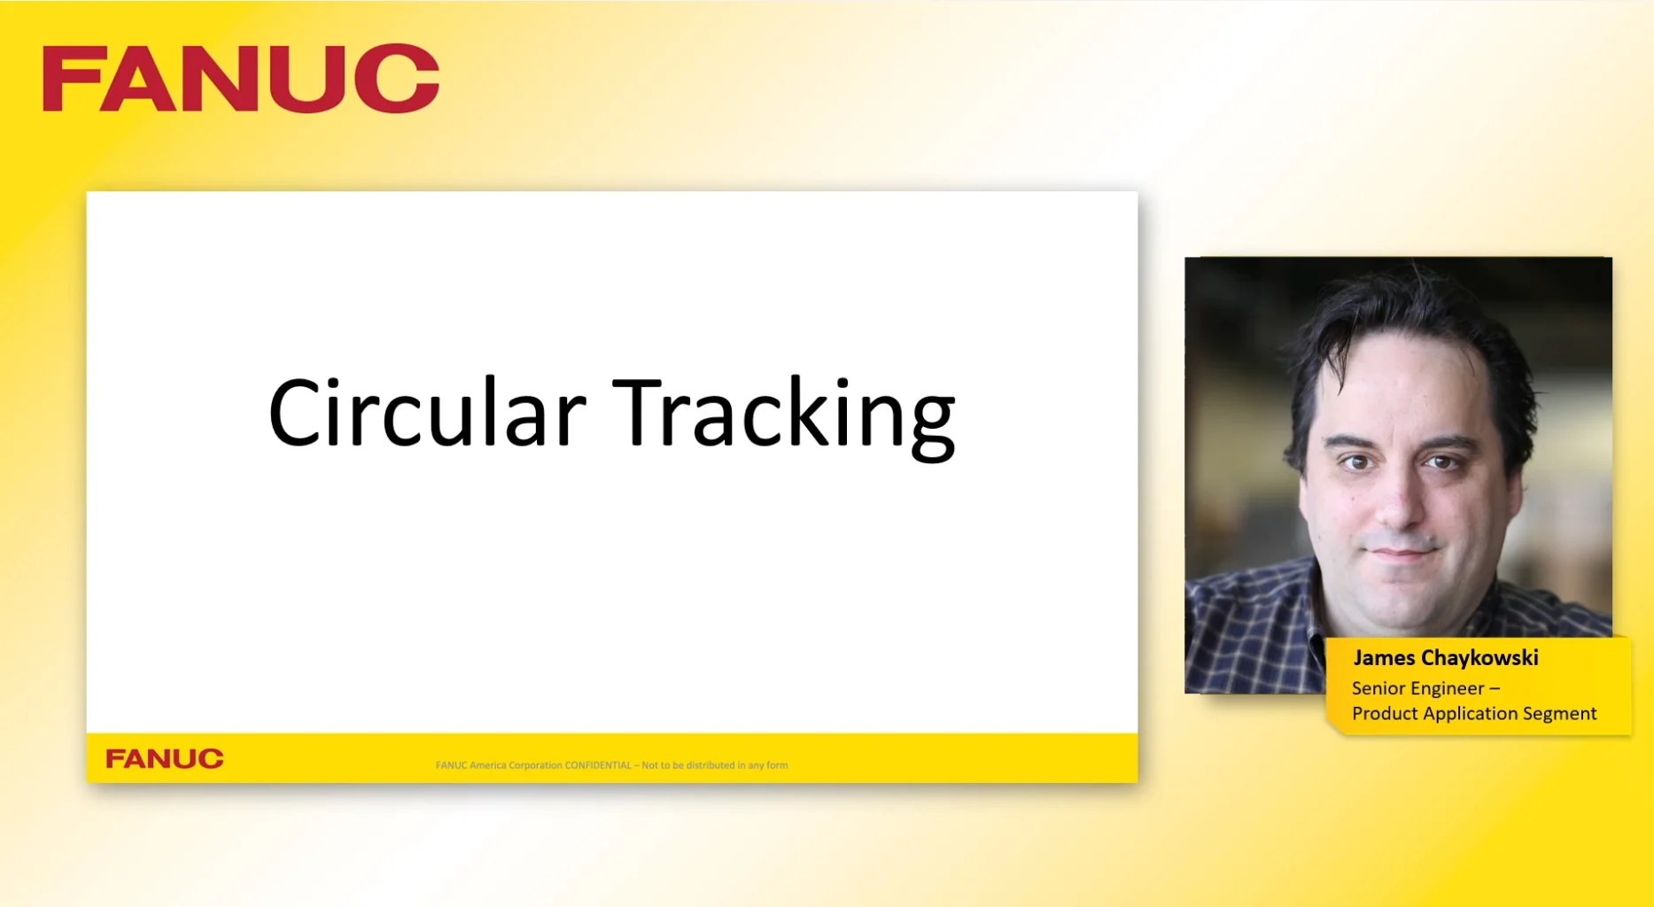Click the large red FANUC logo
(x=240, y=79)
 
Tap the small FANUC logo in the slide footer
(x=165, y=759)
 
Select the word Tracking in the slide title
(x=783, y=415)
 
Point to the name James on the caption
(x=1384, y=658)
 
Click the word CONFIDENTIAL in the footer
(x=598, y=765)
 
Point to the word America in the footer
(x=488, y=765)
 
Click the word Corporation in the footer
(x=535, y=765)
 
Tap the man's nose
(x=1398, y=507)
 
